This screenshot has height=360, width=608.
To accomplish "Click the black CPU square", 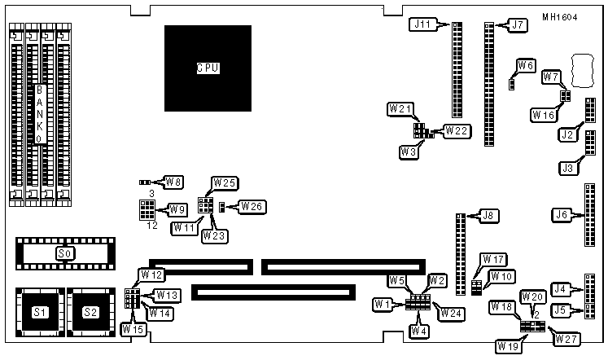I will (x=207, y=68).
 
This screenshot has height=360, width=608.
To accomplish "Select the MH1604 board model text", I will (x=560, y=17).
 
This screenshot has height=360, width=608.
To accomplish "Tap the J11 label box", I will (x=423, y=24).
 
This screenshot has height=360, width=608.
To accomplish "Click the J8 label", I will (x=488, y=216).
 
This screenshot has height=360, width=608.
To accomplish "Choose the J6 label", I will (x=561, y=216).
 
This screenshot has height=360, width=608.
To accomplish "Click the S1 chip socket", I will (x=39, y=312).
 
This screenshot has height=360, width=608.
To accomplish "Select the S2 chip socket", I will (x=91, y=312).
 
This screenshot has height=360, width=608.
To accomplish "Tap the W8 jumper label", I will (x=174, y=181).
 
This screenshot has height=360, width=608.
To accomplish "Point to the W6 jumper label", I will (x=526, y=65).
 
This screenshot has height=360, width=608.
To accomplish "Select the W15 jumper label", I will (x=132, y=329).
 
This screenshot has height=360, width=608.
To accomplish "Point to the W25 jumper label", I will (x=224, y=182).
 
